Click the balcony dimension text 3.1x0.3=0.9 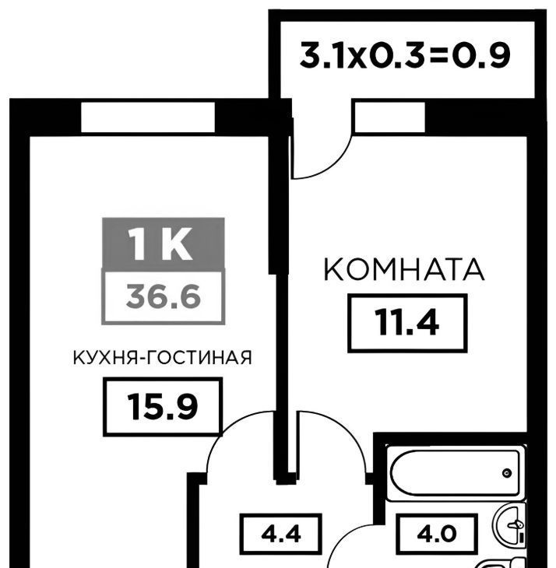(405, 55)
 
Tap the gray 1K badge (164, 244)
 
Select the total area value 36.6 (164, 296)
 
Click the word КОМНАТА (404, 269)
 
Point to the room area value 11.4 (407, 322)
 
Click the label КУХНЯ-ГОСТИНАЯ (163, 358)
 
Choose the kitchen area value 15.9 (163, 407)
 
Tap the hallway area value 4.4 (281, 534)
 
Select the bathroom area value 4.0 (436, 534)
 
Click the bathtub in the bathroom (456, 473)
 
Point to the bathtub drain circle (507, 473)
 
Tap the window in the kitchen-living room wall (148, 117)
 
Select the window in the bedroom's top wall (389, 117)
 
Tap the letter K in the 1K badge (178, 244)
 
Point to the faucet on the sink (516, 524)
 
